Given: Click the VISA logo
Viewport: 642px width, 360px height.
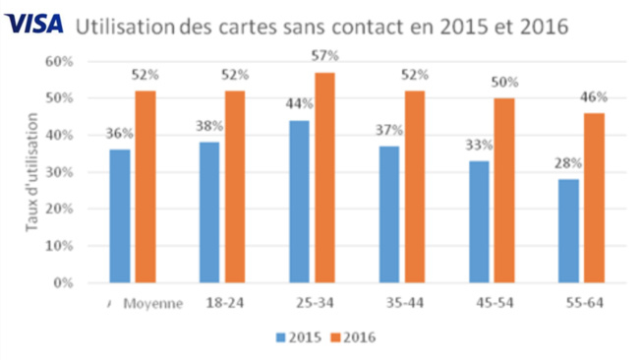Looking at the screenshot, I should pos(33,23).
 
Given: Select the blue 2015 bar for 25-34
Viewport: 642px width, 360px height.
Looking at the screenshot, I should pos(299,202).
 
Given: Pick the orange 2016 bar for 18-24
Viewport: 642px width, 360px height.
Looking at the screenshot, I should pos(234,187).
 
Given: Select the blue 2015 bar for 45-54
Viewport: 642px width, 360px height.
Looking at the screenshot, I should pos(479,222).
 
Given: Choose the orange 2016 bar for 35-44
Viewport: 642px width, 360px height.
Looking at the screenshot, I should pos(414,187).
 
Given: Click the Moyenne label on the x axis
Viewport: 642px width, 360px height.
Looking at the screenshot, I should pos(153,304).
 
